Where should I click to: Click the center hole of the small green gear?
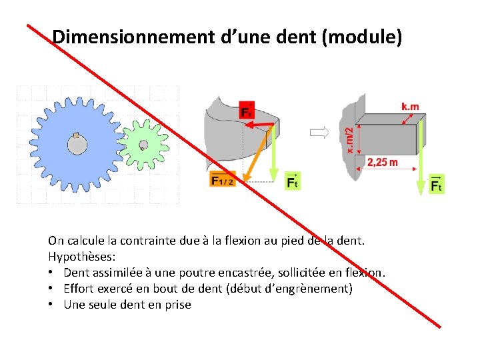(143, 145)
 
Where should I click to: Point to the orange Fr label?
(246, 111)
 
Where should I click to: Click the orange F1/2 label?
(223, 181)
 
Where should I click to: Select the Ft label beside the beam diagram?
(437, 184)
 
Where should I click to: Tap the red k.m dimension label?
(411, 107)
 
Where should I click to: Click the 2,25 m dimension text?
(382, 162)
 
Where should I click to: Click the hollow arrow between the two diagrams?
(319, 133)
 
